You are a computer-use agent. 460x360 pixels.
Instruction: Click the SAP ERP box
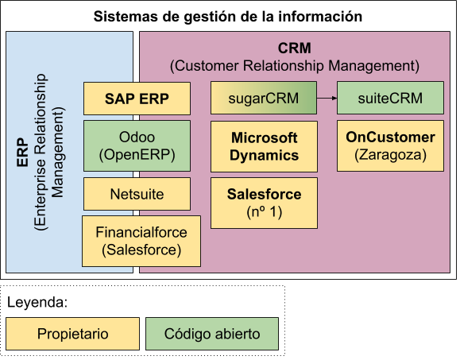[x=137, y=99]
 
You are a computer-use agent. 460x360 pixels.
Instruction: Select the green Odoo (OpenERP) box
[x=137, y=145]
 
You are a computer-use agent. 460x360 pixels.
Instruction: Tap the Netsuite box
[x=137, y=193]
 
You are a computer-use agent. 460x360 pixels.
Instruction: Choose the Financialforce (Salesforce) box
[x=141, y=241]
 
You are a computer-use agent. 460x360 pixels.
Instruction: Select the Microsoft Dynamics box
[x=264, y=146]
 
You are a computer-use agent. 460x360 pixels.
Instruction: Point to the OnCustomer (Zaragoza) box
[x=390, y=145]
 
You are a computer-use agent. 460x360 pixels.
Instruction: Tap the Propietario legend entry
[x=72, y=334]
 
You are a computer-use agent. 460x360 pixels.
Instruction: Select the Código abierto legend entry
[x=211, y=334]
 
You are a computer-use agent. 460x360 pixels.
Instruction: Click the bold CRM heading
[x=294, y=48]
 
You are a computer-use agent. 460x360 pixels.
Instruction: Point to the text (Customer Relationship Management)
[x=294, y=65]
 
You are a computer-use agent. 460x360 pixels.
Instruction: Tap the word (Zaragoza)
[x=390, y=154]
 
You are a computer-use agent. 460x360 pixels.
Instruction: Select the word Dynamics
[x=264, y=155]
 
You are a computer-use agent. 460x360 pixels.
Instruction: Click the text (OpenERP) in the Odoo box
[x=137, y=154]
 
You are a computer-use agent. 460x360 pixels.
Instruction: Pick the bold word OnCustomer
[x=390, y=137]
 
